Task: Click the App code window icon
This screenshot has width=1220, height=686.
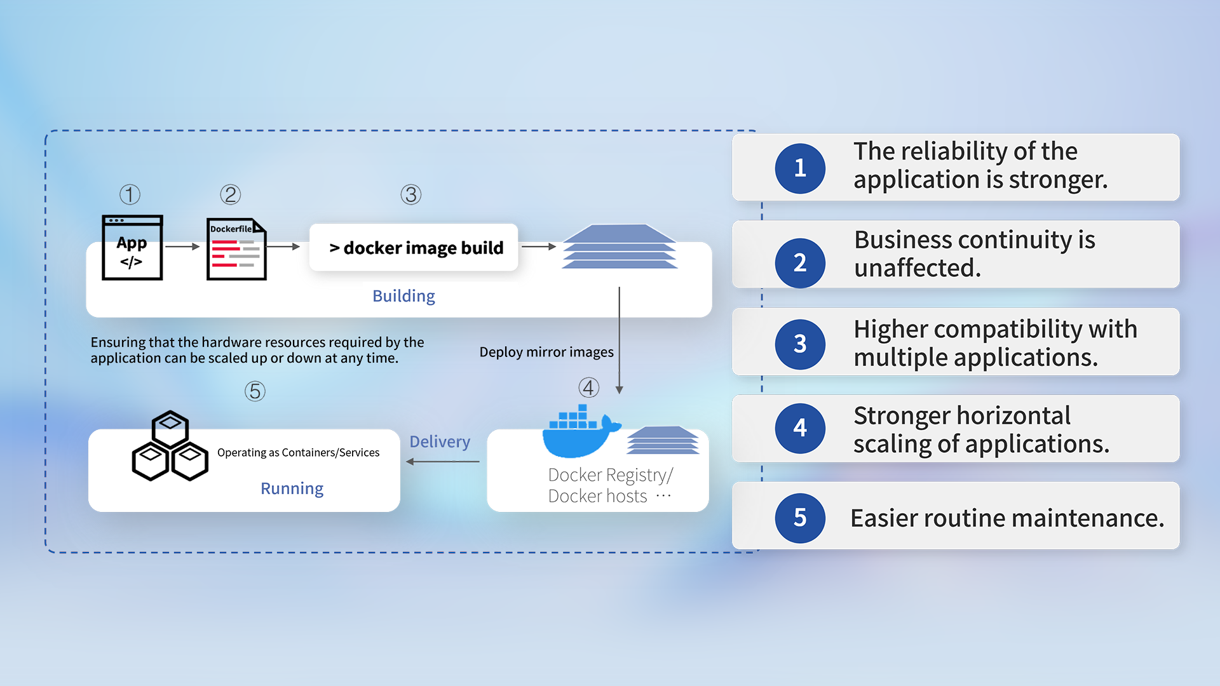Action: (132, 248)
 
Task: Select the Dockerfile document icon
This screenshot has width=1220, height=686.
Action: (236, 249)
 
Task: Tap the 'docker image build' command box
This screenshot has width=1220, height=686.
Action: (414, 248)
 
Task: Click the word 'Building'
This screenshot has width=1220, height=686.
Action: (403, 296)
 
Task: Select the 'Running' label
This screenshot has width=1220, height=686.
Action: (292, 488)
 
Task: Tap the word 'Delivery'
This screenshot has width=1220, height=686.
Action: (440, 441)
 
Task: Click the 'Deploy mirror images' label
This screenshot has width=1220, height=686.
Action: (546, 352)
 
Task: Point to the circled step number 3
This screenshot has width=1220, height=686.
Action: (411, 195)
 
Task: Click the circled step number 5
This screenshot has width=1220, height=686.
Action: (255, 391)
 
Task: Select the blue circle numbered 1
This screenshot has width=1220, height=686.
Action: (800, 168)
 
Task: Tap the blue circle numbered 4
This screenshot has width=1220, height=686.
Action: (800, 428)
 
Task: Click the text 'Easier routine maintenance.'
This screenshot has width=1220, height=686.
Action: (1007, 518)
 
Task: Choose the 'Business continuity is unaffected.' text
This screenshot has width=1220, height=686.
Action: (974, 254)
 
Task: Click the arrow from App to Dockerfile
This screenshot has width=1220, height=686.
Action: (183, 246)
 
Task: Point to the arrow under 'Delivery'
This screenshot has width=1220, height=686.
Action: (442, 462)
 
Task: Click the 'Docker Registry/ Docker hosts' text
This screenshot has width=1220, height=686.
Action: (609, 485)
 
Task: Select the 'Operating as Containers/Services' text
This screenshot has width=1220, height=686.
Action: (298, 452)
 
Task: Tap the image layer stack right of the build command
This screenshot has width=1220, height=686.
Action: (620, 246)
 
